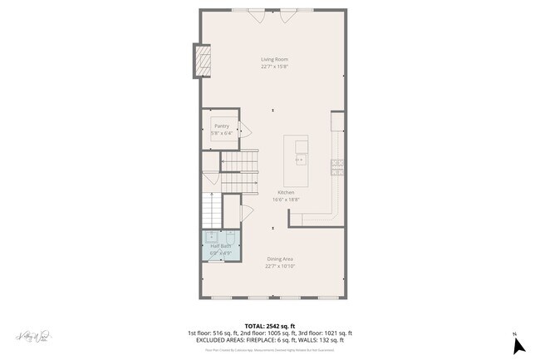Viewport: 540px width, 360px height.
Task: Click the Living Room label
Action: coord(274,60)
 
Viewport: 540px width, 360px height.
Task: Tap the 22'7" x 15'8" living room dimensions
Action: coord(274,67)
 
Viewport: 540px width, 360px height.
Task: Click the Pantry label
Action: coord(221,126)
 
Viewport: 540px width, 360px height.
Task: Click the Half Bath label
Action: coord(220,246)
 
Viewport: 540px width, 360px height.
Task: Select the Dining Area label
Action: coord(280,259)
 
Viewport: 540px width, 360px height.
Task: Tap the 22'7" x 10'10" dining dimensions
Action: coord(280,266)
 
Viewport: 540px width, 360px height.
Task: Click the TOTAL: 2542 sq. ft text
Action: coord(270,326)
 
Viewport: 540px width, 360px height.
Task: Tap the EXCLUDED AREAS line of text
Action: coord(270,339)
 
